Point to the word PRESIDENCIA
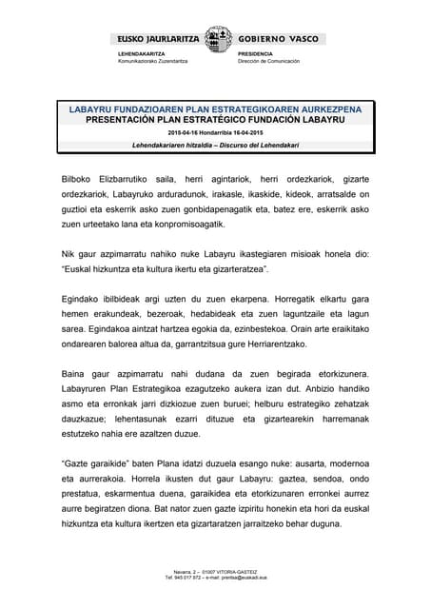tap(256, 54)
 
